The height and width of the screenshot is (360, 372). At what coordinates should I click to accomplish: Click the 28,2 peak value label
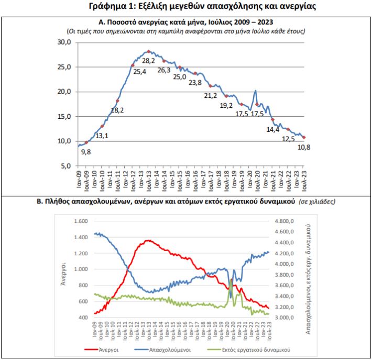pos(148,61)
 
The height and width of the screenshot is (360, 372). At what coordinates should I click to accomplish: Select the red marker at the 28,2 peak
pos(149,51)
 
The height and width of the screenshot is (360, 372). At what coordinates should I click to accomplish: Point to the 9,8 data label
pos(86,152)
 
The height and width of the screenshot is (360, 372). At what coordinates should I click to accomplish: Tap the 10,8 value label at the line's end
pos(304,148)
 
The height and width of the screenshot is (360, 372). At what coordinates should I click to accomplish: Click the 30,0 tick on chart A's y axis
pos(64,42)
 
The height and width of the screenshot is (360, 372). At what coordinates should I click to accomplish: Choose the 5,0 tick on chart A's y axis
pos(66,166)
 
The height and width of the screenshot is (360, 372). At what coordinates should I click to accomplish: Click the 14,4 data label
pos(273,130)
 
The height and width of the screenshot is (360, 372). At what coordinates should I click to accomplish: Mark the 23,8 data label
pos(195,83)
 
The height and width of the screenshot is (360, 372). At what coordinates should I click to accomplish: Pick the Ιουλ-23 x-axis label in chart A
pos(304,181)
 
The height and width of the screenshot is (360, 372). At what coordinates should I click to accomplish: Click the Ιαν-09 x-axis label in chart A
pos(79,179)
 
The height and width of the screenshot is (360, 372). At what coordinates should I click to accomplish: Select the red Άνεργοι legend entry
pos(102,350)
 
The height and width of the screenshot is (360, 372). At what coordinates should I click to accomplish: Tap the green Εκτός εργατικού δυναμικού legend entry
pos(249,350)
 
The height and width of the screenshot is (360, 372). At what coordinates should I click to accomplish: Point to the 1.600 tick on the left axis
pos(81,221)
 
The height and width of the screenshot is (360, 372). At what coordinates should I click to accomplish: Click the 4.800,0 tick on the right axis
pos(284,221)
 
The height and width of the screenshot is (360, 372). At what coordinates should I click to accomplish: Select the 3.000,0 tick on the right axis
pos(284,318)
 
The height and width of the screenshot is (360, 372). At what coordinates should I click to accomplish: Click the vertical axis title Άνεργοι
pos(63,274)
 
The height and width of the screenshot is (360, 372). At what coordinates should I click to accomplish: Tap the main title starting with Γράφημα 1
pos(202,6)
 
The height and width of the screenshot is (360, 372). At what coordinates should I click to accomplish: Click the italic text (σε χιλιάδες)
pos(317,201)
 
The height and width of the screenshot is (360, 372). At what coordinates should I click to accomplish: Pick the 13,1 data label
pos(102,136)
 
